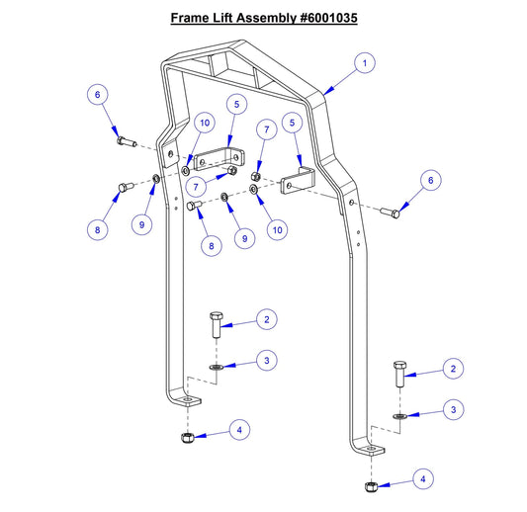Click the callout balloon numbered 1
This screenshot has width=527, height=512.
point(365,63)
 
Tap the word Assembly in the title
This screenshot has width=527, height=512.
point(262,18)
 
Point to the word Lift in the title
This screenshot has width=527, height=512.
point(226,18)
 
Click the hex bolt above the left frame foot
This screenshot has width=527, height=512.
point(216,325)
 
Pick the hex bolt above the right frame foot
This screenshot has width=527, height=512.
point(399,373)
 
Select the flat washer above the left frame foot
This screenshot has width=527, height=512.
point(216,367)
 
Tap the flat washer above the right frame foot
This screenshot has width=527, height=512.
point(399,416)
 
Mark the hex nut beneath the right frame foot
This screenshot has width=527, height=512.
point(370,485)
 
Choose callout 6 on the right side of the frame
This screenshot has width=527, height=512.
point(428,180)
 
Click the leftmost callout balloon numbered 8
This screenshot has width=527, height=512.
point(97,229)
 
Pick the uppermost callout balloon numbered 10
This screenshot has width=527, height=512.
point(204,124)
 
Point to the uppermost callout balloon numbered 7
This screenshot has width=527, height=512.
point(265,129)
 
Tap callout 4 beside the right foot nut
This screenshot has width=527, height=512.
point(424,479)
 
